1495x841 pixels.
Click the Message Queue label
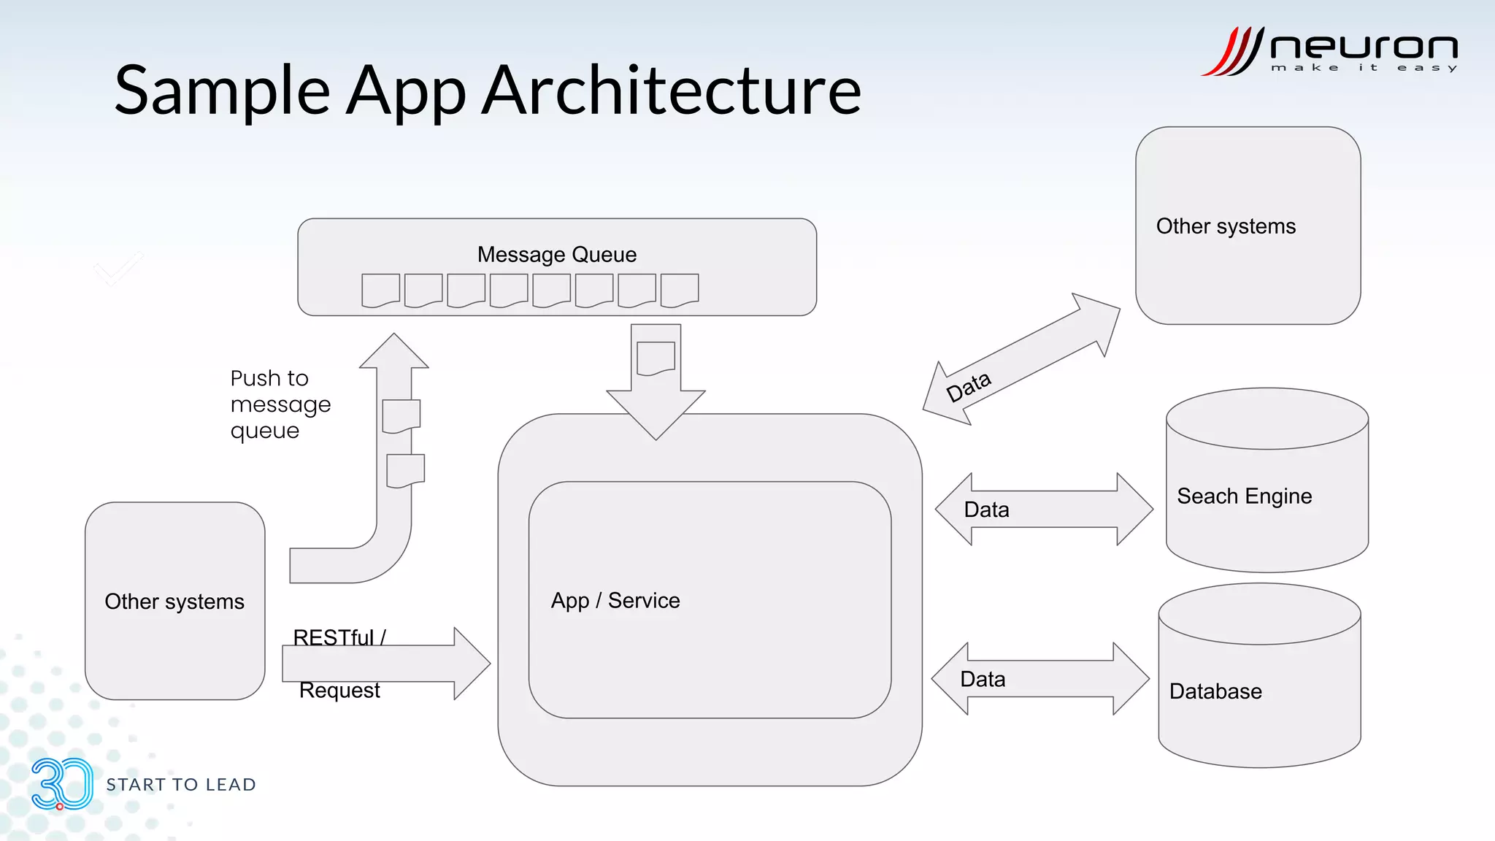(x=556, y=255)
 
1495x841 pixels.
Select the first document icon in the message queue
(x=380, y=291)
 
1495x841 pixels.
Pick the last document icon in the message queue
(x=679, y=291)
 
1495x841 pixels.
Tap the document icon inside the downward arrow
(x=656, y=358)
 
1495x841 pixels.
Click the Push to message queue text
(x=280, y=404)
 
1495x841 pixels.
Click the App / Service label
(x=615, y=601)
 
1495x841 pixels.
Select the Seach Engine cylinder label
(x=1244, y=496)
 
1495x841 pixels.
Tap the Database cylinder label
(x=1215, y=691)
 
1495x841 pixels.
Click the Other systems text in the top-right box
(x=1226, y=226)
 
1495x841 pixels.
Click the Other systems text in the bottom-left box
(x=174, y=602)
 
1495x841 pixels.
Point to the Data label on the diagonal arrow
(x=968, y=387)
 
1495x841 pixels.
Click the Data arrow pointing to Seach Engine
(x=1044, y=509)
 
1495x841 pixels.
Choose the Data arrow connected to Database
(x=1040, y=679)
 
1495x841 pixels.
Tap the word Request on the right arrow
(x=339, y=691)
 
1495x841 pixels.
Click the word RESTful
(x=334, y=637)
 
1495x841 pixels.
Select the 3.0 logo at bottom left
(x=61, y=784)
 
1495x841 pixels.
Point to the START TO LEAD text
(x=181, y=785)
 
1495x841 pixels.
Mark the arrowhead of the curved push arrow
(x=394, y=352)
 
